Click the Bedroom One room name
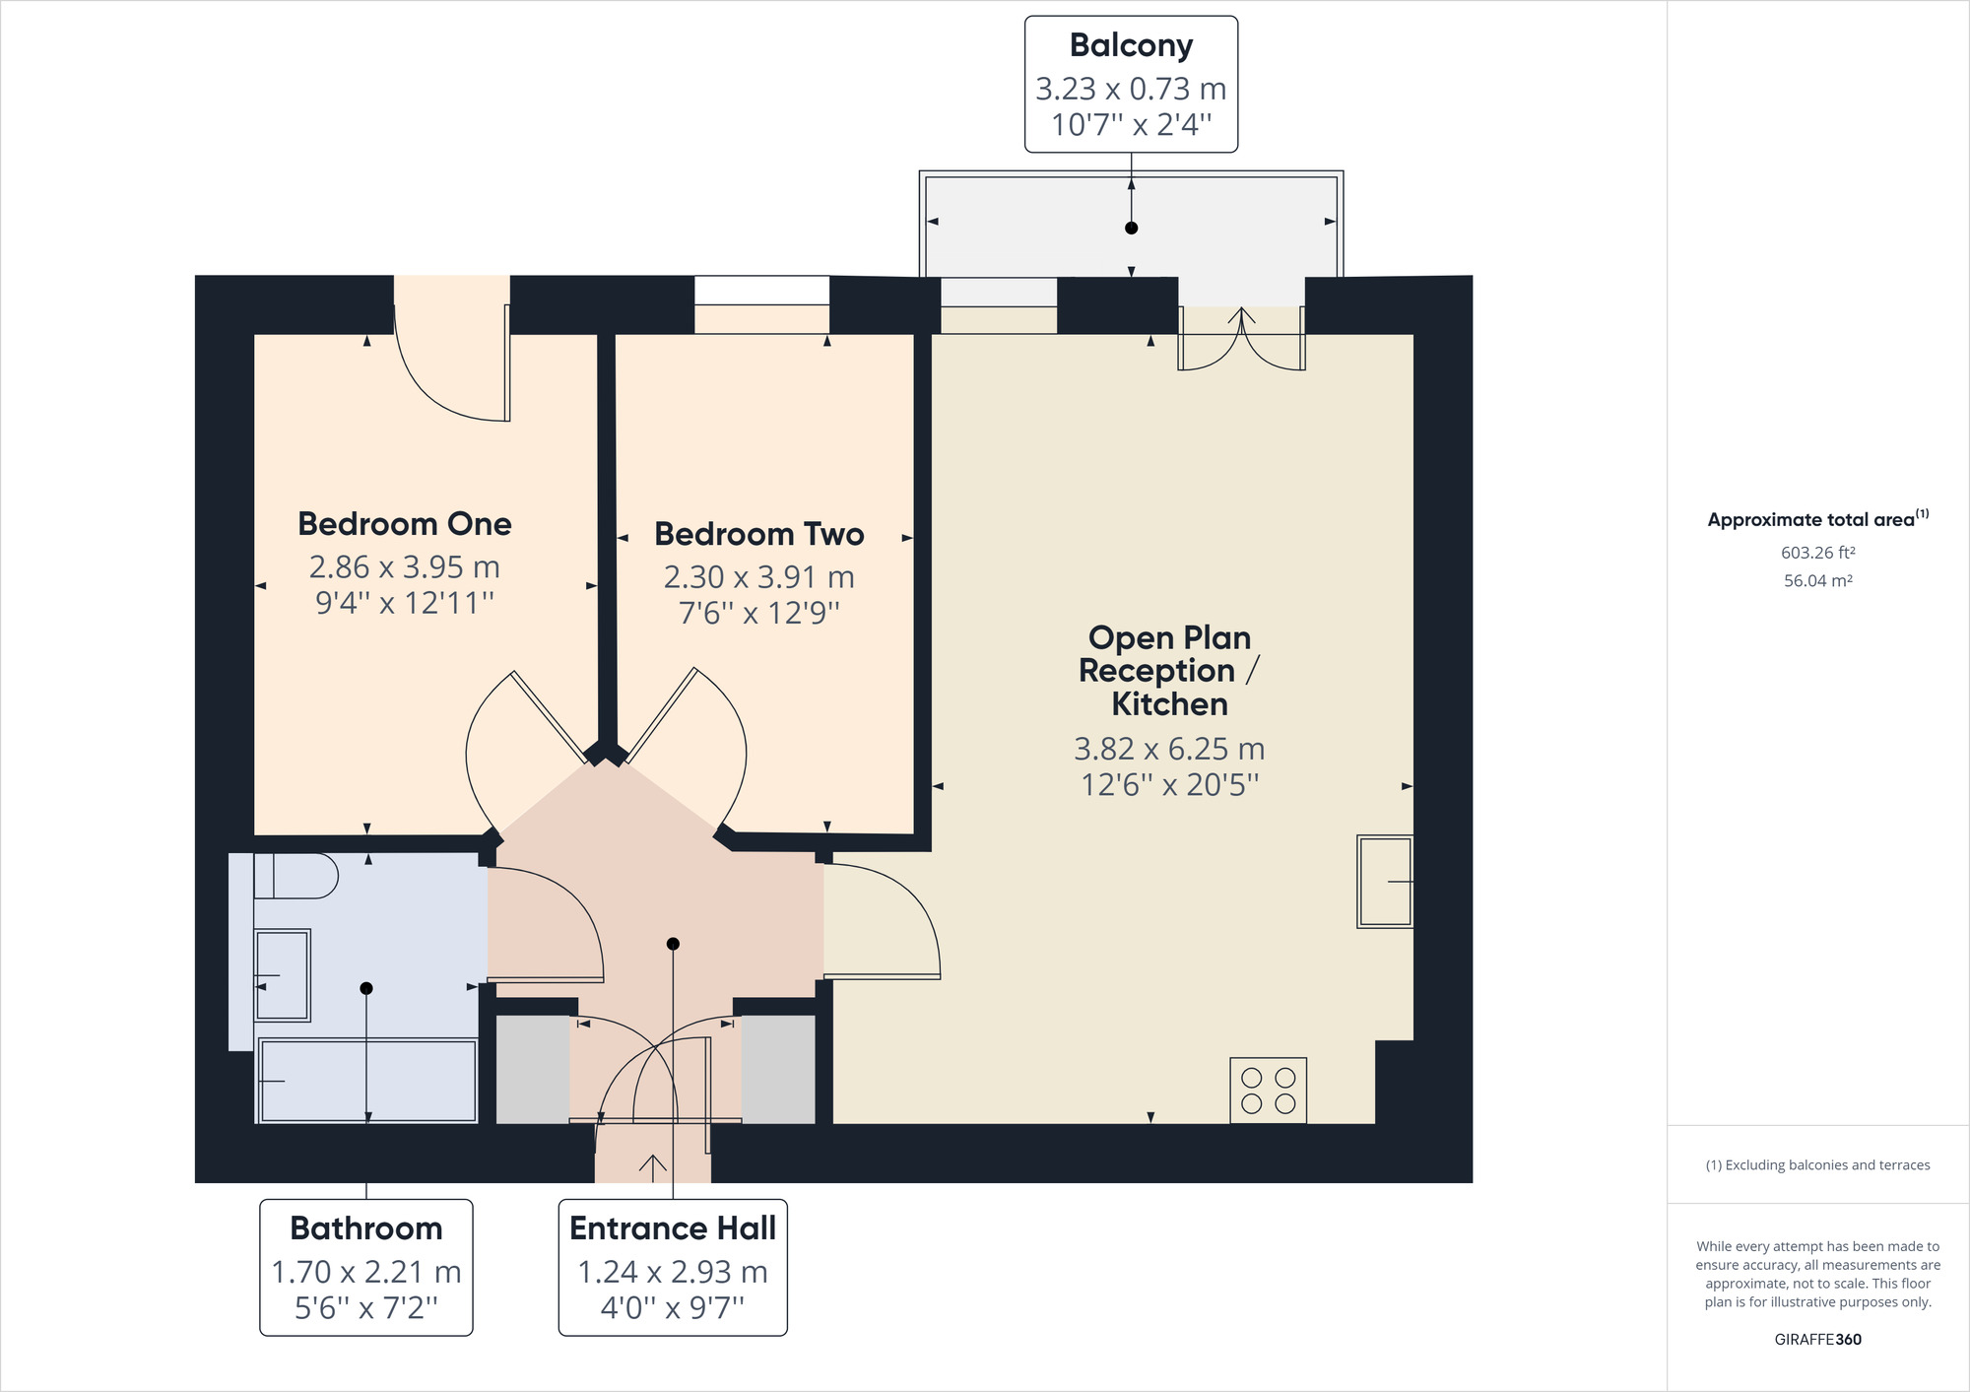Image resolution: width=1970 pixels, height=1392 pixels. pyautogui.click(x=404, y=524)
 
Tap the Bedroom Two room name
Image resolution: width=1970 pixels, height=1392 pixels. pyautogui.click(x=758, y=534)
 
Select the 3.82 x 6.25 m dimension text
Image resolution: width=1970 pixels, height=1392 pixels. pyautogui.click(x=1169, y=749)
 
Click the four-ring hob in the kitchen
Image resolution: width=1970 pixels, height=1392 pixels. pyautogui.click(x=1268, y=1091)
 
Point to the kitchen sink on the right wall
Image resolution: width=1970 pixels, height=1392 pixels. pyautogui.click(x=1384, y=882)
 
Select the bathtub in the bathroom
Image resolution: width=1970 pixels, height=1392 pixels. pyautogui.click(x=367, y=1081)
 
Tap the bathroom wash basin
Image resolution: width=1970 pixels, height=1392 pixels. pyautogui.click(x=283, y=974)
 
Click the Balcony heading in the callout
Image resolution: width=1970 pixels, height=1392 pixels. pyautogui.click(x=1131, y=45)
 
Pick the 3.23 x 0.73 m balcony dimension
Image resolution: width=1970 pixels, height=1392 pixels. pyautogui.click(x=1131, y=89)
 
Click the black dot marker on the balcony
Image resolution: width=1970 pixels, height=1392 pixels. pyautogui.click(x=1131, y=228)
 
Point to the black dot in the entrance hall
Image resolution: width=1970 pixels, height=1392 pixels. pyautogui.click(x=673, y=944)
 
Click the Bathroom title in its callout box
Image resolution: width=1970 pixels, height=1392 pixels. pyautogui.click(x=365, y=1228)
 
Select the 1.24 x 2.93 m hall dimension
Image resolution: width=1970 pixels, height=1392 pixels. pyautogui.click(x=672, y=1272)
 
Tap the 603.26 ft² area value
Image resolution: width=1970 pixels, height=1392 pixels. pyautogui.click(x=1817, y=553)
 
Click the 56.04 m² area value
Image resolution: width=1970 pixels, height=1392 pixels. pyautogui.click(x=1817, y=581)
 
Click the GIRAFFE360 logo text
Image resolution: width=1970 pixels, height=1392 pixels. pyautogui.click(x=1817, y=1339)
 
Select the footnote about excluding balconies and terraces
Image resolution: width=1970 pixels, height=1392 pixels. pyautogui.click(x=1817, y=1164)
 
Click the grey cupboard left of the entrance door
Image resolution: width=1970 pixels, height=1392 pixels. pyautogui.click(x=532, y=1069)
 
